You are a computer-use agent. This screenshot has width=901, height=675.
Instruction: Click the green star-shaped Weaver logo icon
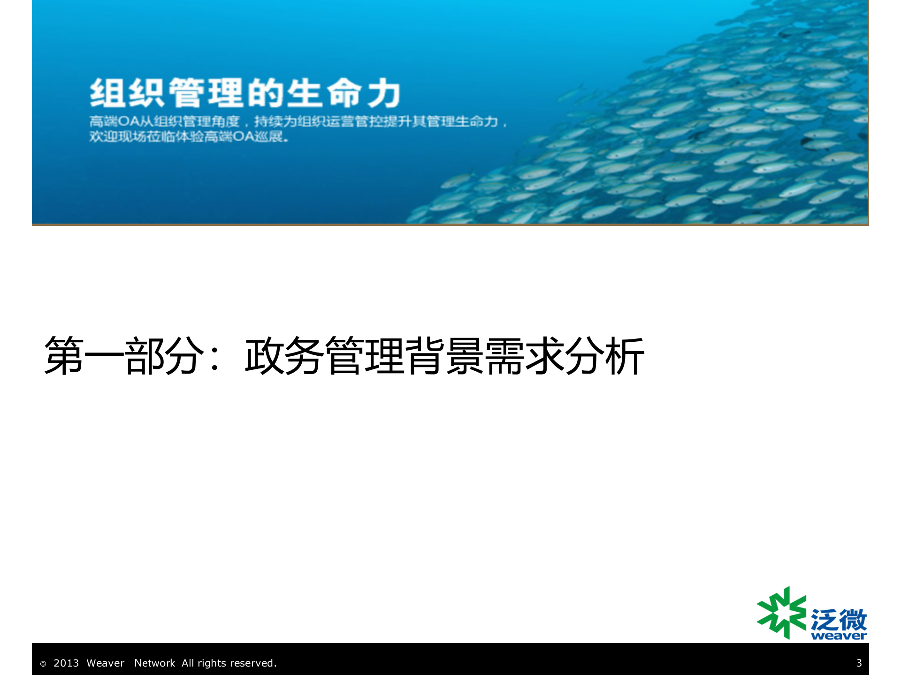781,613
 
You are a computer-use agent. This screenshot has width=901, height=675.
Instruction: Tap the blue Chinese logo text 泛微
839,620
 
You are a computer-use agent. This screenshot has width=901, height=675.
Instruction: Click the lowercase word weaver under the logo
839,636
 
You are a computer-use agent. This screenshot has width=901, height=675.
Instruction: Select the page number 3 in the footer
859,663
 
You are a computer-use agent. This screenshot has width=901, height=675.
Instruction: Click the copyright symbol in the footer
43,664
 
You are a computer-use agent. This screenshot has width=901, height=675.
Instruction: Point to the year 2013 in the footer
66,663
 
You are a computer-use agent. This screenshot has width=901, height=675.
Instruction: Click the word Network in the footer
154,663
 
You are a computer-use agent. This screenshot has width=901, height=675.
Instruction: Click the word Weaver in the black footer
106,663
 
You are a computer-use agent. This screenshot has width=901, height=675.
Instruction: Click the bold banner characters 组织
127,93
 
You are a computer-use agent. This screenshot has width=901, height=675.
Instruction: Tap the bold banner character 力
384,93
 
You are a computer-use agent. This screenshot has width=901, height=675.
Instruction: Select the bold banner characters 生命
324,93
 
